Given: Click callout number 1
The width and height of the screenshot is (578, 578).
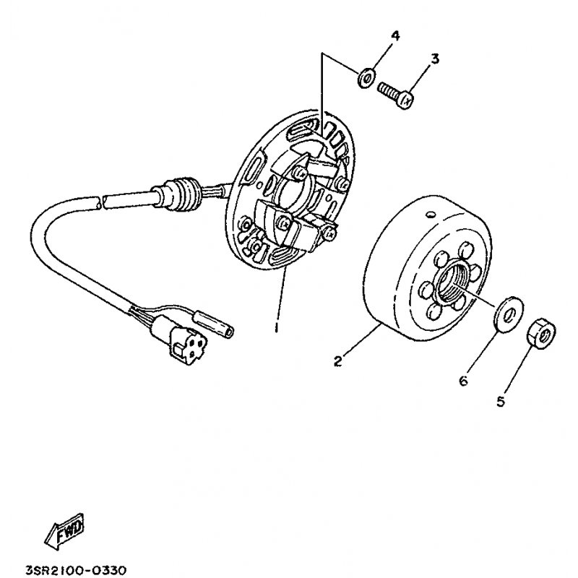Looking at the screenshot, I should pyautogui.click(x=276, y=327).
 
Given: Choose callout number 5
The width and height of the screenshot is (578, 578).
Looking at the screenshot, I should pyautogui.click(x=499, y=402).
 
